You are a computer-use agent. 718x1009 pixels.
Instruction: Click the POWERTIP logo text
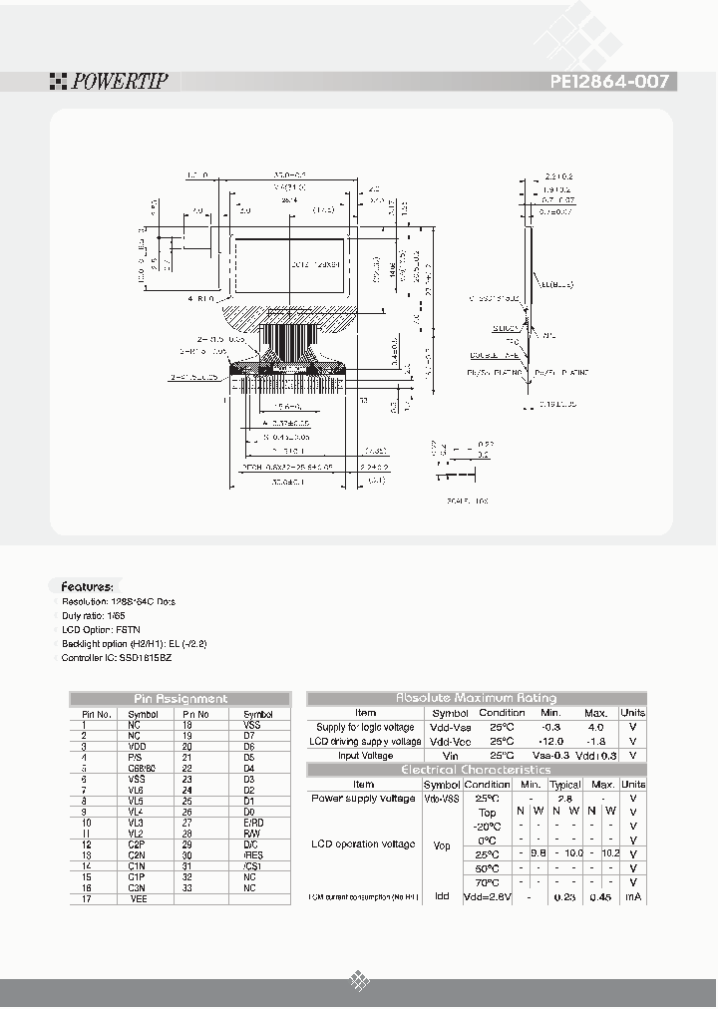(x=117, y=82)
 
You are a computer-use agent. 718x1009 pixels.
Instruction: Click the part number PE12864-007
(x=608, y=82)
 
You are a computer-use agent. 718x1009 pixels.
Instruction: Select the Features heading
(x=87, y=587)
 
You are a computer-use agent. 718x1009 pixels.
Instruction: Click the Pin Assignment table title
(x=180, y=699)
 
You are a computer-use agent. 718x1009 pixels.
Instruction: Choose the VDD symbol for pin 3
(x=136, y=746)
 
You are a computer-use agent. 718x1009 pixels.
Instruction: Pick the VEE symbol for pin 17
(x=138, y=899)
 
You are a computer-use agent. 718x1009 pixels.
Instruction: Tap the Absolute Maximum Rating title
(x=477, y=698)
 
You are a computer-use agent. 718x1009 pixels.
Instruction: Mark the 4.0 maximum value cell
(x=595, y=727)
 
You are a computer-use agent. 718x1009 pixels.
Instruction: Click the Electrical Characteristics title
(x=476, y=770)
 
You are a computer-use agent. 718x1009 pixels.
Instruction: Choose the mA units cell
(x=632, y=896)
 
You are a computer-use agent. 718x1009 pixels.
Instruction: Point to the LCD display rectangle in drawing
(x=289, y=264)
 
